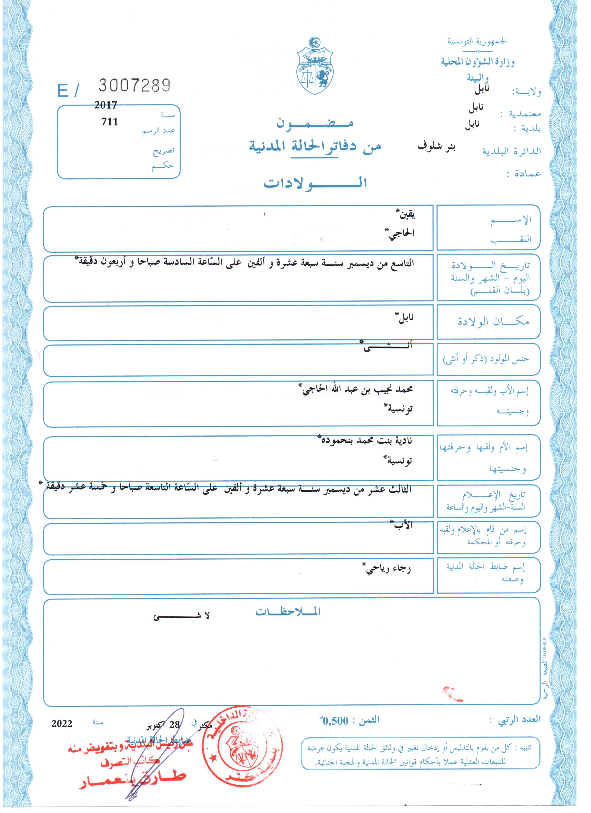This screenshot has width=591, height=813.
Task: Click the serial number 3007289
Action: [x=134, y=85]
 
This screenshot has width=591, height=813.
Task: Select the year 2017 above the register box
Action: [x=106, y=105]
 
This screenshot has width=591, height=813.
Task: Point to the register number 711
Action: [x=110, y=122]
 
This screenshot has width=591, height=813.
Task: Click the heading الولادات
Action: [x=315, y=183]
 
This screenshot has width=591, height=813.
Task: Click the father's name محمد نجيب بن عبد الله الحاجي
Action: [x=357, y=389]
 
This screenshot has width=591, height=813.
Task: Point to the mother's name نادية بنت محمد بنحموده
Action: [x=365, y=440]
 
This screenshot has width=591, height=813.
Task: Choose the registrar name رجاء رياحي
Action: [x=387, y=569]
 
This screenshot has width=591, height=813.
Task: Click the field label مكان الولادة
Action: [x=493, y=321]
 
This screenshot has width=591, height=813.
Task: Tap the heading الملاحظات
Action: [x=288, y=611]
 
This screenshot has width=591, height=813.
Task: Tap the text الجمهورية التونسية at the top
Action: [x=477, y=41]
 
